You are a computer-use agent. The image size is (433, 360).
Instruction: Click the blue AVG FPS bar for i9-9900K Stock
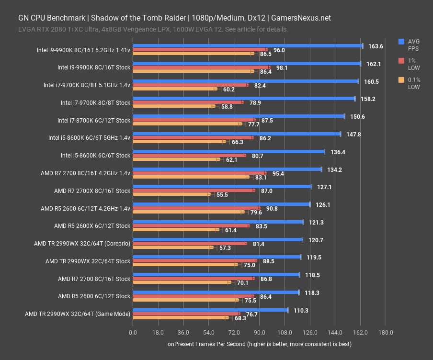click(247, 63)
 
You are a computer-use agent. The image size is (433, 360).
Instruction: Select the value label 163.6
click(376, 46)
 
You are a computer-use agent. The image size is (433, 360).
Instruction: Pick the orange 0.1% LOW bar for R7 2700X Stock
click(171, 194)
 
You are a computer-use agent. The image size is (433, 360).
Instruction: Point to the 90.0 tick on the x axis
click(259, 332)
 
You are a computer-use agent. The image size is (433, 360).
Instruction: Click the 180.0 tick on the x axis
click(386, 332)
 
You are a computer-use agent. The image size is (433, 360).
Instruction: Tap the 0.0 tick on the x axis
click(133, 332)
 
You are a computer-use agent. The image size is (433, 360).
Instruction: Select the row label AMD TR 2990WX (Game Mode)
click(78, 314)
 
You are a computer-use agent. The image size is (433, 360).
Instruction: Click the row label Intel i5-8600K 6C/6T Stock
click(89, 155)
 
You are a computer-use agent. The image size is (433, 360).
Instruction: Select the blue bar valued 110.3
click(210, 310)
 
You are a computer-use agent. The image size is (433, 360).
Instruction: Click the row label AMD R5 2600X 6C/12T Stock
click(92, 225)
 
